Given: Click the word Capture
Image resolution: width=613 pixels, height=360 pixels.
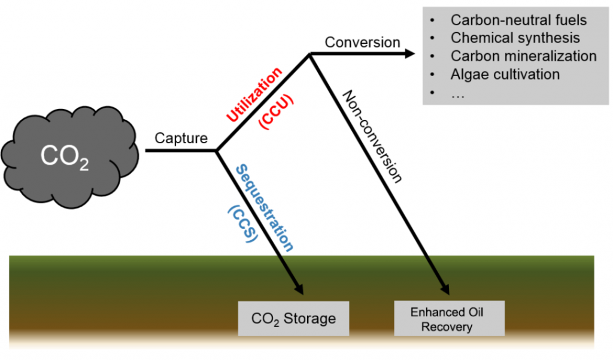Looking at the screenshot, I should pyautogui.click(x=181, y=138).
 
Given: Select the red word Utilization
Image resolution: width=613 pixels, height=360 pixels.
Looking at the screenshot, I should pyautogui.click(x=253, y=95).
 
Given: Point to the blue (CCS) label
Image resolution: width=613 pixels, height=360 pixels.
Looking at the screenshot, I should pyautogui.click(x=242, y=223).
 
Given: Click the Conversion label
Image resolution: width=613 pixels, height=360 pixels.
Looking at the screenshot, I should pyautogui.click(x=362, y=43).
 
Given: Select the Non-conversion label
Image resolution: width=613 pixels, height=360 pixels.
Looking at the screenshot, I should pyautogui.click(x=372, y=135).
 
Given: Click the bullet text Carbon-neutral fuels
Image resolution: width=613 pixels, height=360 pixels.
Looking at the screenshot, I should pyautogui.click(x=518, y=20).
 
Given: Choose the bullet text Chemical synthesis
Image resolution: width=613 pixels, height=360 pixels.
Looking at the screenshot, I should pyautogui.click(x=515, y=38).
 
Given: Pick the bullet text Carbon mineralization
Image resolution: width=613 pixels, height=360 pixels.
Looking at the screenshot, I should pyautogui.click(x=524, y=56).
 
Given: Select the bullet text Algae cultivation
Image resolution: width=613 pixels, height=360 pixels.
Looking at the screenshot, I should pyautogui.click(x=505, y=74).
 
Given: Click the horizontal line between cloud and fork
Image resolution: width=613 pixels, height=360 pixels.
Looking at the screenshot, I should pyautogui.click(x=180, y=150).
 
